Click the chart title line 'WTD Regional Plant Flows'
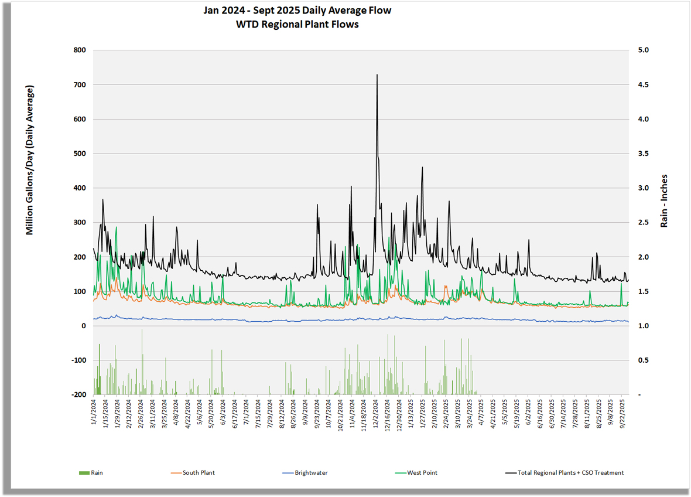click(297, 24)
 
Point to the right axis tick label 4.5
click(643, 85)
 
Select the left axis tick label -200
click(78, 394)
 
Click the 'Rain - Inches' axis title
click(664, 201)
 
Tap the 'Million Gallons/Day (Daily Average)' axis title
click(30, 160)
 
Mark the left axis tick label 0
click(83, 326)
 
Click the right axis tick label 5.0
click(643, 50)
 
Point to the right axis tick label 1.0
click(643, 326)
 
